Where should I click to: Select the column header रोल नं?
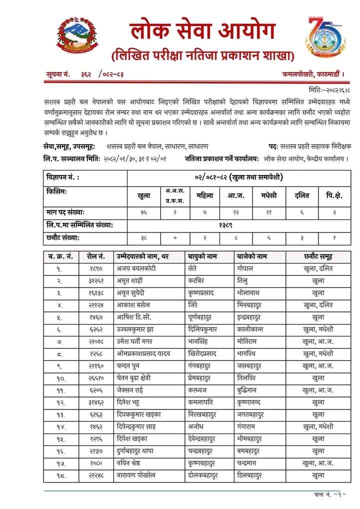(95, 256)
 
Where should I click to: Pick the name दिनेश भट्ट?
(132, 402)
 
